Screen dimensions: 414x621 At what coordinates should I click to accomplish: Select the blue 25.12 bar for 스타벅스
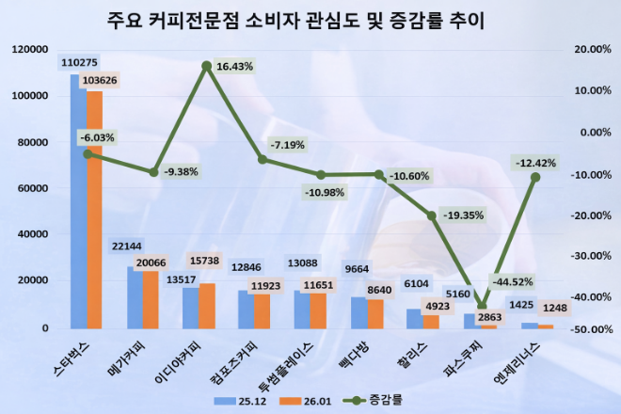point(78,201)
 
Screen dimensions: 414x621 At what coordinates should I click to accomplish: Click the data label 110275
point(78,62)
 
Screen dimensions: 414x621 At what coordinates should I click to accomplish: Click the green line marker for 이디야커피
point(206,67)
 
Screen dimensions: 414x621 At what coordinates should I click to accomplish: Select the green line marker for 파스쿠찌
point(483,307)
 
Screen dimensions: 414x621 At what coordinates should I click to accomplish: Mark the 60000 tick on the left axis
point(31,188)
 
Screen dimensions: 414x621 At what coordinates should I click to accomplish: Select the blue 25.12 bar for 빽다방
point(359,312)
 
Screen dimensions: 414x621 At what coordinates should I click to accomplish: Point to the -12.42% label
point(535,163)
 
